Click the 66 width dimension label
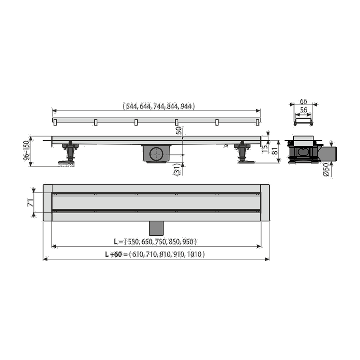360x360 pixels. [x=304, y=101]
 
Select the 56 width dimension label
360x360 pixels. [x=304, y=110]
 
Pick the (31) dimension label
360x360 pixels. [x=177, y=169]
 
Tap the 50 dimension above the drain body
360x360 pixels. [x=179, y=131]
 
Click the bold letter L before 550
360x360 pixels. [x=116, y=242]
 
